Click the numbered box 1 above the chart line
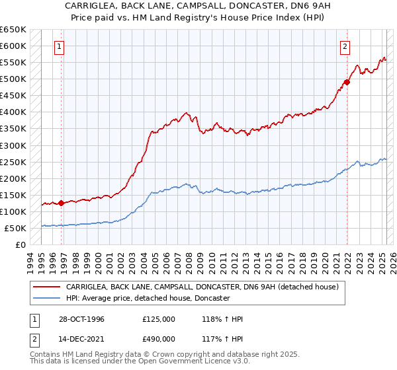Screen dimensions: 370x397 pyautogui.click(x=60, y=46)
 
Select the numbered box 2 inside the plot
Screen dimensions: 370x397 pyautogui.click(x=345, y=46)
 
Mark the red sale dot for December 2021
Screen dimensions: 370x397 pyautogui.click(x=346, y=82)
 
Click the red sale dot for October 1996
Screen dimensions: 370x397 pyautogui.click(x=62, y=203)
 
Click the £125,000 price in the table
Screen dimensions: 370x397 pyautogui.click(x=159, y=319)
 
